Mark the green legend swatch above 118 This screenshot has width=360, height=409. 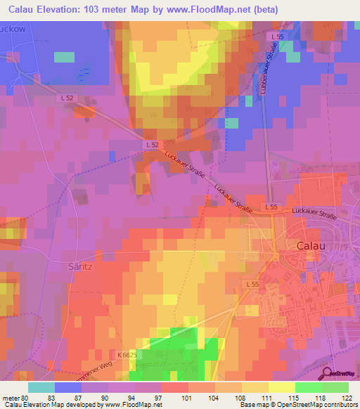click(x=308, y=387)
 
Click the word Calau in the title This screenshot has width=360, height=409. click(x=25, y=10)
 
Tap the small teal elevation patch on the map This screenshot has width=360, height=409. click(x=64, y=57)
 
